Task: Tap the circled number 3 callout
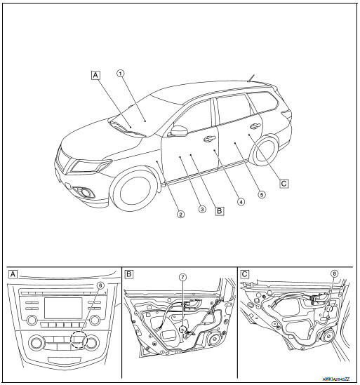pyautogui.click(x=201, y=209)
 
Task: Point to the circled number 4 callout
pyautogui.click(x=241, y=201)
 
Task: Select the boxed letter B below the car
pyautogui.click(x=219, y=209)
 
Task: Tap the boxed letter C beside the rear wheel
pyautogui.click(x=284, y=184)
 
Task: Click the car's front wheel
pyautogui.click(x=132, y=194)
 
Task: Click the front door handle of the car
pyautogui.click(x=209, y=139)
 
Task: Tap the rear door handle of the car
pyautogui.click(x=254, y=127)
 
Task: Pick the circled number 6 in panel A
pyautogui.click(x=100, y=285)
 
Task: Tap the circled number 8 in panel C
pyautogui.click(x=334, y=274)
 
